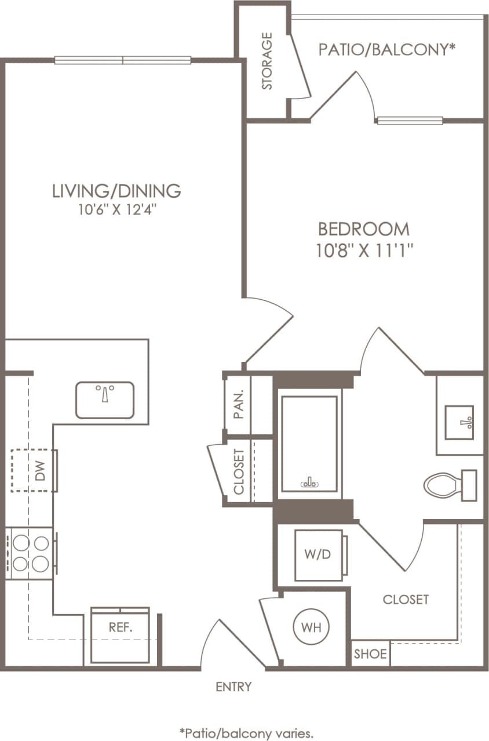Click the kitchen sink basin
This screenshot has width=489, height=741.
[105, 399]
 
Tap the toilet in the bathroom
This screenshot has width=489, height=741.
[449, 485]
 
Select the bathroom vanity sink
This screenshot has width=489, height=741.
[459, 422]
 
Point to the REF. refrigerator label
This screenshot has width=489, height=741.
[121, 627]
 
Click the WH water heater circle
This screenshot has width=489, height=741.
[314, 627]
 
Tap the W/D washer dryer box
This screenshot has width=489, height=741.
[318, 555]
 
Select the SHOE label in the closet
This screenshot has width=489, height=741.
[370, 655]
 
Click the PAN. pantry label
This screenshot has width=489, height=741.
[239, 405]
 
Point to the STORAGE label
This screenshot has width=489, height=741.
[267, 61]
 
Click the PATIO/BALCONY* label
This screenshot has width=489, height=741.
[385, 50]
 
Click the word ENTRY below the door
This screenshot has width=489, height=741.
[233, 687]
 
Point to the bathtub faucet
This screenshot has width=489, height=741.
[309, 482]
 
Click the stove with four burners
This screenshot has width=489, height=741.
[31, 553]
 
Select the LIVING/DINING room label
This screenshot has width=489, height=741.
[116, 190]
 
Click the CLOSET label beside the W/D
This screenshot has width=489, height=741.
[406, 600]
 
